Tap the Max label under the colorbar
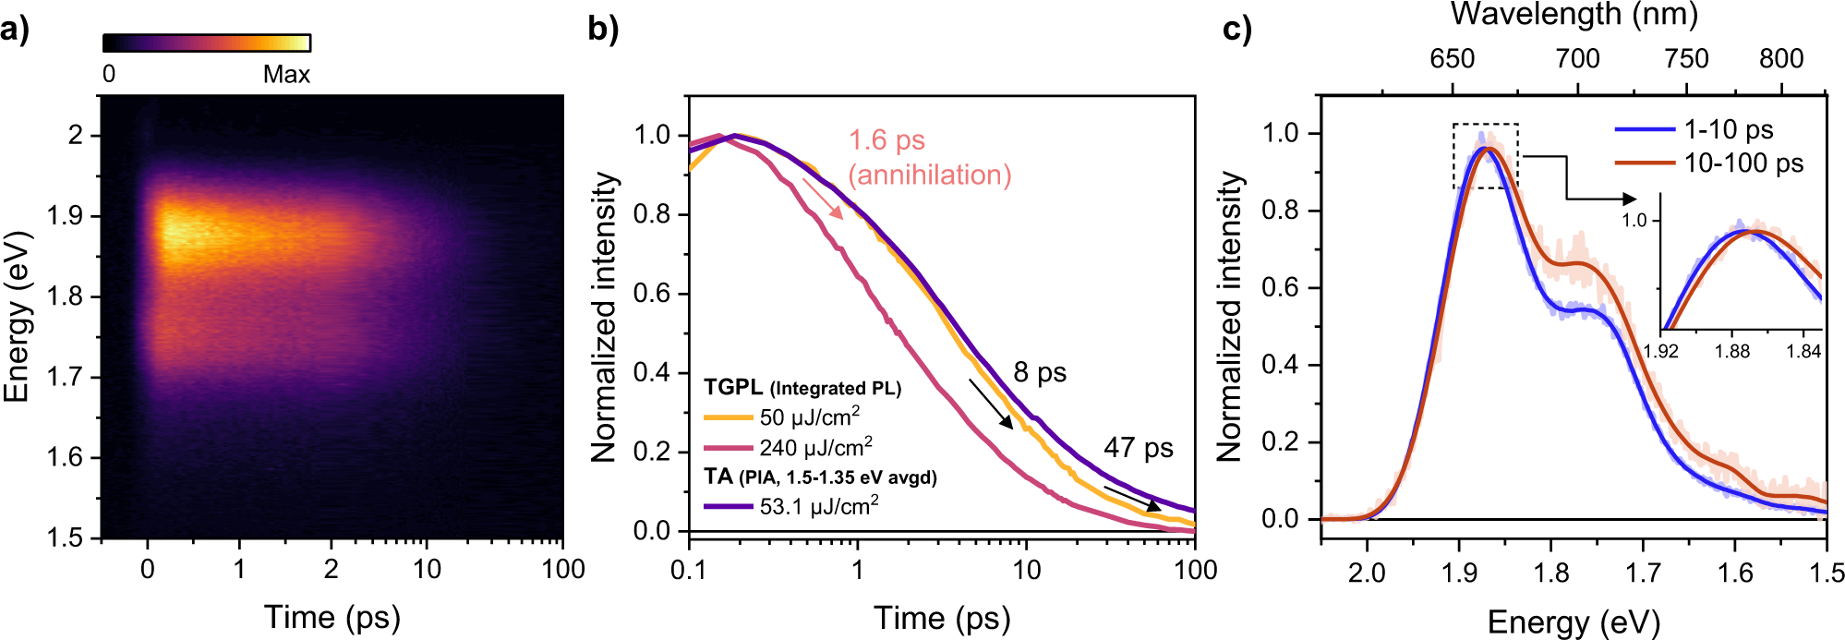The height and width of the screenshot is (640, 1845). pyautogui.click(x=285, y=75)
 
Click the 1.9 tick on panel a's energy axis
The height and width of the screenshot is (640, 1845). pyautogui.click(x=66, y=216)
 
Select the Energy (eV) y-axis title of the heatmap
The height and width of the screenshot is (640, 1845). pyautogui.click(x=17, y=317)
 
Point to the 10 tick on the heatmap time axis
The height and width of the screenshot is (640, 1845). pyautogui.click(x=427, y=569)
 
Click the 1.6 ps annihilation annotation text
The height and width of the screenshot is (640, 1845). pyautogui.click(x=929, y=157)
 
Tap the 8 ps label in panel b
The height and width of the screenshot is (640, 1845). pyautogui.click(x=1040, y=372)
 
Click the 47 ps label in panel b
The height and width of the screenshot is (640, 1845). pyautogui.click(x=1138, y=448)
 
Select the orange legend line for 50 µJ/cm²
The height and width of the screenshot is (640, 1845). pyautogui.click(x=728, y=417)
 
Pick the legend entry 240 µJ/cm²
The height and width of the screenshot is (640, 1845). pyautogui.click(x=814, y=448)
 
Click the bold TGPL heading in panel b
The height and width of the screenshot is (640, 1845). pyautogui.click(x=733, y=388)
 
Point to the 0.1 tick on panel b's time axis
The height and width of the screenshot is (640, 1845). pyautogui.click(x=688, y=570)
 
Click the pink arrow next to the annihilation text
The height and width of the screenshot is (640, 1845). pyautogui.click(x=822, y=199)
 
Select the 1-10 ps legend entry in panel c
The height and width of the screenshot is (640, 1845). pyautogui.click(x=1728, y=130)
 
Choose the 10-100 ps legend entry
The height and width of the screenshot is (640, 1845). pyautogui.click(x=1742, y=163)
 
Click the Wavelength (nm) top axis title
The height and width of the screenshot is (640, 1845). pyautogui.click(x=1574, y=15)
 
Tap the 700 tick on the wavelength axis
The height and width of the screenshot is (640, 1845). pyautogui.click(x=1577, y=59)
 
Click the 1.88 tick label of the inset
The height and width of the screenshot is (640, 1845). pyautogui.click(x=1732, y=351)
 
